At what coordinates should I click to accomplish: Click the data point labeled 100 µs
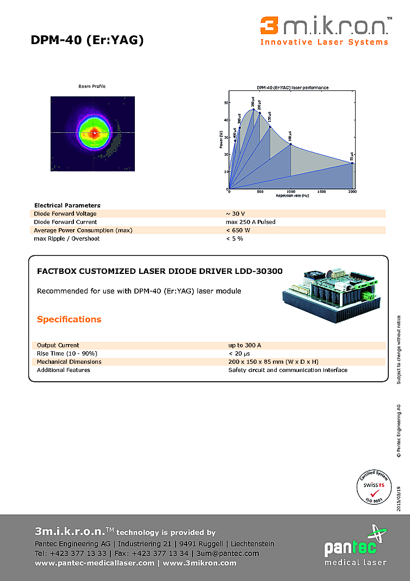[x=290, y=144]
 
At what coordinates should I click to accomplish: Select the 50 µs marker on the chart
[x=352, y=163]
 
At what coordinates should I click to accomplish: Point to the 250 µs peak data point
[x=253, y=109]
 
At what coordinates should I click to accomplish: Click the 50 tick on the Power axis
[x=226, y=102]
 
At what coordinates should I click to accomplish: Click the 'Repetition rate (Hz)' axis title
[x=292, y=195]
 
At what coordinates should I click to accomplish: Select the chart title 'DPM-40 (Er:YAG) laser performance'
[x=292, y=87]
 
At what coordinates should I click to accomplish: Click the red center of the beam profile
[x=94, y=132]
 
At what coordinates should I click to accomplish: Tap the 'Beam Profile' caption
[x=92, y=86]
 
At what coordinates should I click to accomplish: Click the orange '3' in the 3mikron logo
[x=269, y=26]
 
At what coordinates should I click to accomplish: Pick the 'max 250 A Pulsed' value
[x=250, y=222]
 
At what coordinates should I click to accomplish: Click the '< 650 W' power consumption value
[x=238, y=230]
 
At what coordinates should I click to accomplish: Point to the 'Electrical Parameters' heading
[x=67, y=205]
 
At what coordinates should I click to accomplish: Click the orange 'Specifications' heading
[x=69, y=319]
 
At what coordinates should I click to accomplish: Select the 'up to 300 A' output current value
[x=245, y=345]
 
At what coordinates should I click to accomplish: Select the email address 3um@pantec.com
[x=228, y=553]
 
